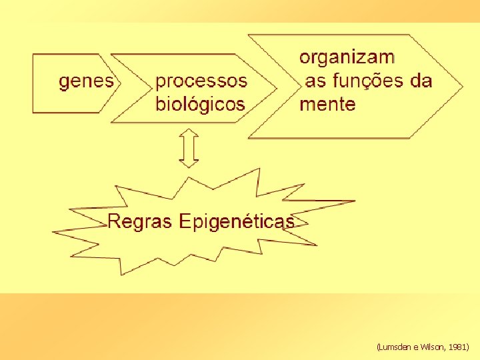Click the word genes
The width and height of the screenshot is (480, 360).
click(87, 82)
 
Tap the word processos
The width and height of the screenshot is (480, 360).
click(201, 81)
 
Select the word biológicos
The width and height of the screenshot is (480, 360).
click(200, 105)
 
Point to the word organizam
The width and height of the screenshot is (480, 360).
click(347, 57)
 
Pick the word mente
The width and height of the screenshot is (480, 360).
click(327, 105)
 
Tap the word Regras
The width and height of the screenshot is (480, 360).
click(140, 221)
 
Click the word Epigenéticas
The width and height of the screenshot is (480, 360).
click(236, 222)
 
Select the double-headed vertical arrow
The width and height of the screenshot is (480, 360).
click(189, 148)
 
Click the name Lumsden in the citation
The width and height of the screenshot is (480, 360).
click(395, 347)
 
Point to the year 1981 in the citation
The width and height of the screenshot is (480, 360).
click(458, 347)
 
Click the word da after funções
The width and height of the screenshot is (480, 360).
click(421, 81)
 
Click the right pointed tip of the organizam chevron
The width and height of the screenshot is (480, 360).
click(461, 85)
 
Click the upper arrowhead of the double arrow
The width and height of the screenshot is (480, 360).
click(189, 132)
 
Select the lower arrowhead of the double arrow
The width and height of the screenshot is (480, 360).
click(189, 164)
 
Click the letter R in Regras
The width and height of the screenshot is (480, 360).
click(114, 221)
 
